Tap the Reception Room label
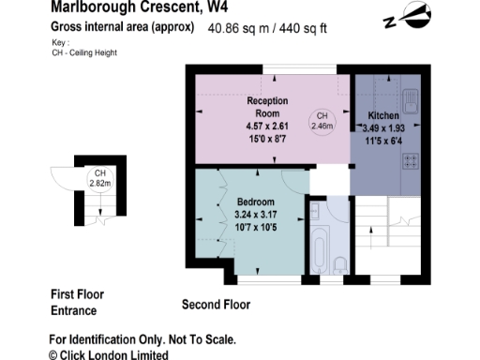tap(267, 105)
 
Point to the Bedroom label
tap(255, 202)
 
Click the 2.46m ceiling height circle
tap(322, 119)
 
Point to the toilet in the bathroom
tap(340, 262)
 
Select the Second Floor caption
tap(216, 305)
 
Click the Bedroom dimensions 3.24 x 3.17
tap(255, 215)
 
